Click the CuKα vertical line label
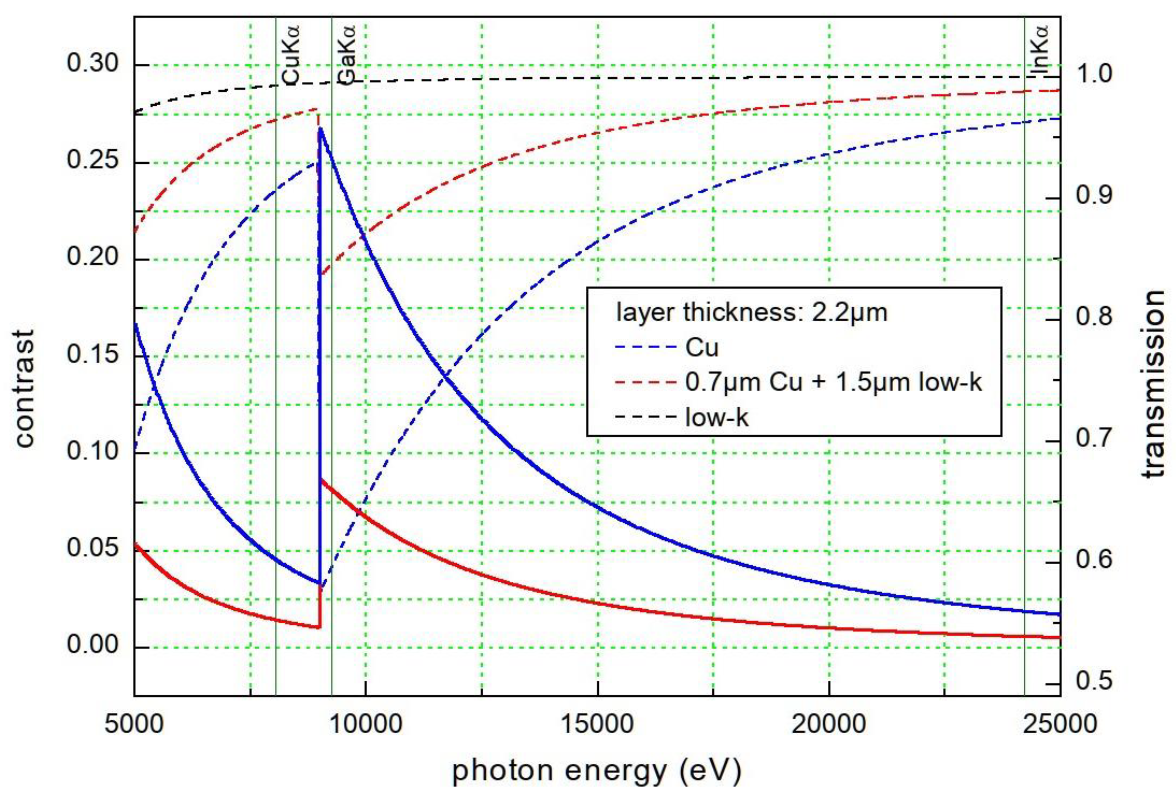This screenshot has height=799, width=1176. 291,56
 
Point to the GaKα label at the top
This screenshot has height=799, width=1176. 347,56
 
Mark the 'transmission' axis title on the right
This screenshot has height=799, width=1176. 1154,384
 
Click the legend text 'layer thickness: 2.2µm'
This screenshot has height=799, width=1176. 751,312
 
